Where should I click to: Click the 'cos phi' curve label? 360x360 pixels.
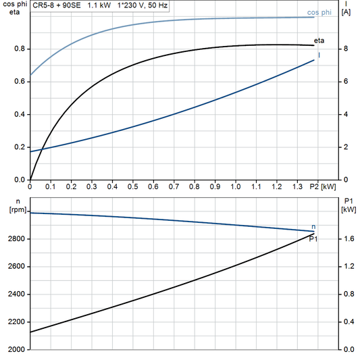point(319,12)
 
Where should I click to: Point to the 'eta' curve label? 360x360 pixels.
point(319,42)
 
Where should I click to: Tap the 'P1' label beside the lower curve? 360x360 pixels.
point(313,239)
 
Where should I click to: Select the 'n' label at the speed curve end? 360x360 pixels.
point(313,226)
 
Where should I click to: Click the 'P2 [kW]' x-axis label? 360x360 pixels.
point(322,186)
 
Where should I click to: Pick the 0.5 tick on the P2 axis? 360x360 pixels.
point(133,186)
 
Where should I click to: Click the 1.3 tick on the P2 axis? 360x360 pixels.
point(297,186)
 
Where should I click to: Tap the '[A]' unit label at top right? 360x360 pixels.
point(346,13)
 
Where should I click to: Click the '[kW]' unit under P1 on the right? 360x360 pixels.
point(349,210)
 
